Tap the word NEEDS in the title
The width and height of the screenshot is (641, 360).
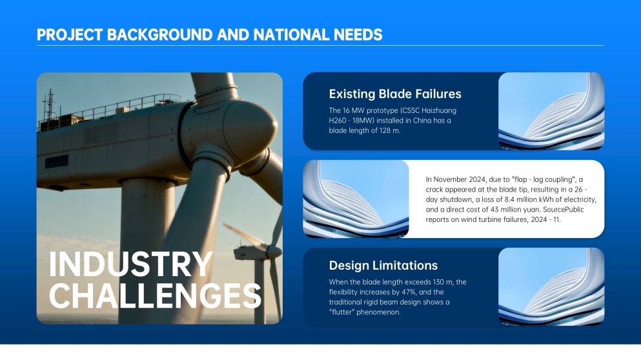coord(358,35)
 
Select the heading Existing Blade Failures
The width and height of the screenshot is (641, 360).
coord(395,94)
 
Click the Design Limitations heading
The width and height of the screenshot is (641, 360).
coord(383,266)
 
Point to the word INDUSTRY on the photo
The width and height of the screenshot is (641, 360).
coord(131,265)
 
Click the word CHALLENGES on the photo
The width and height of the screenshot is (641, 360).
coord(155,295)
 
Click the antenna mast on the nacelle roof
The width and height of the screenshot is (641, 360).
coord(50,105)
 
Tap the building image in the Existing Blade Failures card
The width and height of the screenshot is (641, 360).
coord(551,111)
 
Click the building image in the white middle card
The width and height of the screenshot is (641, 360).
coord(356,199)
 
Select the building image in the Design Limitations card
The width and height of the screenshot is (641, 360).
coord(551,286)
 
